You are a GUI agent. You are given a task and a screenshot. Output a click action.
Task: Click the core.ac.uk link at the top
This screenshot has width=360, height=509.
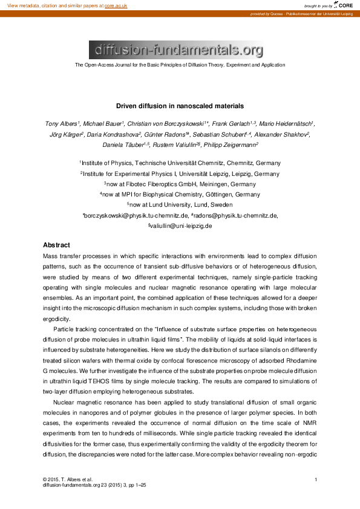116,5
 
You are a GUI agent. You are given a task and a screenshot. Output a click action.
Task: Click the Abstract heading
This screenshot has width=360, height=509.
57,245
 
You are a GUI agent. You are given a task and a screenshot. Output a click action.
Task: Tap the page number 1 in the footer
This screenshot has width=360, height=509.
316,479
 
